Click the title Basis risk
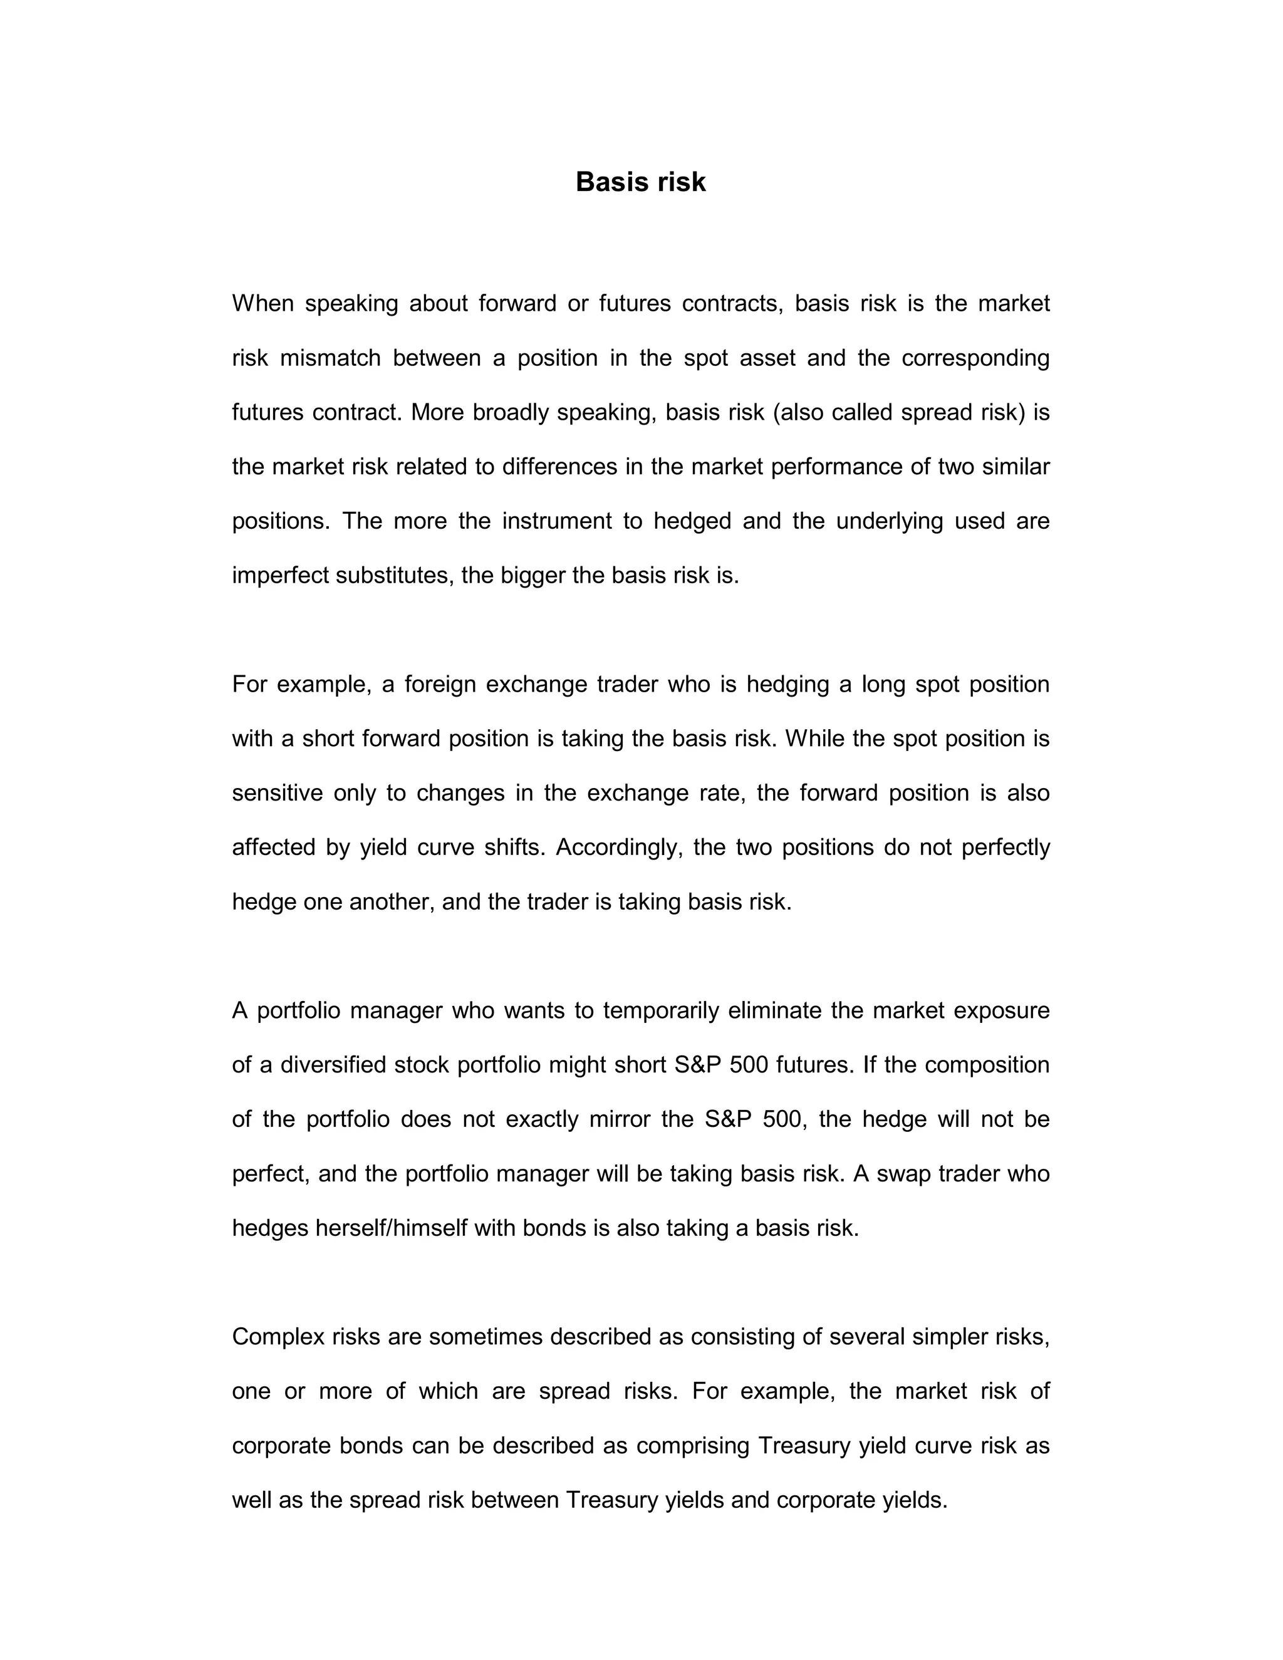pyautogui.click(x=641, y=182)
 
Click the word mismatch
pyautogui.click(x=331, y=358)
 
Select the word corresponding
pyautogui.click(x=975, y=358)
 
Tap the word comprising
pyautogui.click(x=692, y=1446)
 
